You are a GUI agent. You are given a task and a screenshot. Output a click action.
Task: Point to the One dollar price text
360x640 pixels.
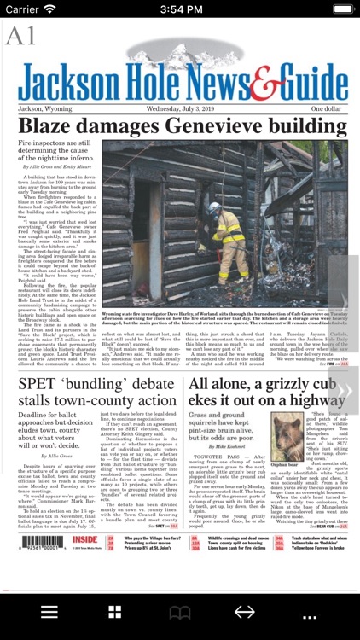point(326,109)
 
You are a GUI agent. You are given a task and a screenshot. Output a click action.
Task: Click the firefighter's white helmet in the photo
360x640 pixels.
point(213,207)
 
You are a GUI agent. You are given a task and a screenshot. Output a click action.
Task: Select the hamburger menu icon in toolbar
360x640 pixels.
point(49,612)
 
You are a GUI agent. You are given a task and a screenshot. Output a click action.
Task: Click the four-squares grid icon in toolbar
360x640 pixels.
point(114,612)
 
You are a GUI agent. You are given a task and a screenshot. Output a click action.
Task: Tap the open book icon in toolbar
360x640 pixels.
point(179,612)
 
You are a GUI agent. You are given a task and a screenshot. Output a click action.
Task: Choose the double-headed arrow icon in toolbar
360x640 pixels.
point(244,612)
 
